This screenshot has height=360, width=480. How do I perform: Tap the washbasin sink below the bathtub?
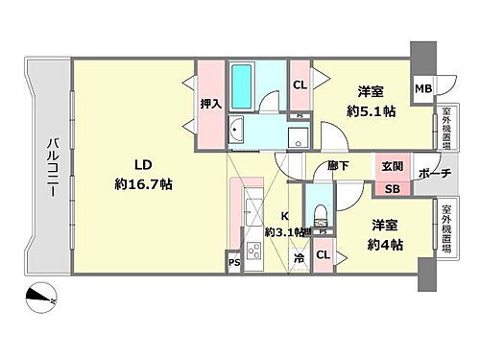(x=239, y=132)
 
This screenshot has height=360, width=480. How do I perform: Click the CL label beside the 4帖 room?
(x=323, y=254)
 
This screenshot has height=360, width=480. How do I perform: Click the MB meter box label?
(x=422, y=89)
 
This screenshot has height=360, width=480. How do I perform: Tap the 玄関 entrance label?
(x=392, y=167)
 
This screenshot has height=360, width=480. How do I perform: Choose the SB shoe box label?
(x=392, y=188)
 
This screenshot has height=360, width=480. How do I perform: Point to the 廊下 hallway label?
(x=337, y=166)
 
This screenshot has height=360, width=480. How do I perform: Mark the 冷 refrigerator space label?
(x=300, y=257)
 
